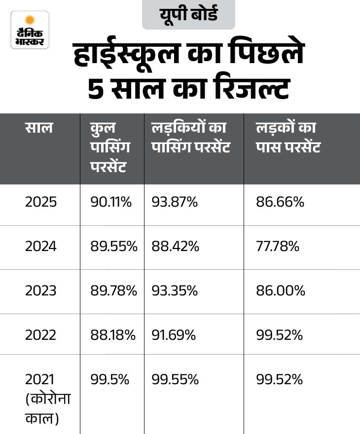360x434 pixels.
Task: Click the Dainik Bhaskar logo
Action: click(30, 30)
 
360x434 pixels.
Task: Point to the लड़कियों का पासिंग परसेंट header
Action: click(190, 137)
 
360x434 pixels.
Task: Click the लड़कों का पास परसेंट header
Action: click(288, 137)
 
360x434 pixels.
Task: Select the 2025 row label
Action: click(41, 202)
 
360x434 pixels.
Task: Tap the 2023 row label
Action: click(41, 291)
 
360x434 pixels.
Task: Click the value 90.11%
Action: click(111, 202)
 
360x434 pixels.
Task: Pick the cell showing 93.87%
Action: click(175, 202)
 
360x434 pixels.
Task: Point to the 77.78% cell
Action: click(278, 247)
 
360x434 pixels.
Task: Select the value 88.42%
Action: click(176, 247)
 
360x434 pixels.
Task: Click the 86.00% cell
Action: click(281, 291)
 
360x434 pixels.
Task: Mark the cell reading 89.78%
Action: click(113, 291)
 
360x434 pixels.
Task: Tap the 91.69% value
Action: click(174, 335)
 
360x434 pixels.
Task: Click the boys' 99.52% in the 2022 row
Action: click(279, 335)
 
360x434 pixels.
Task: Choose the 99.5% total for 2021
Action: click(109, 380)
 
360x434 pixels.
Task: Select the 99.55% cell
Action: click(175, 380)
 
